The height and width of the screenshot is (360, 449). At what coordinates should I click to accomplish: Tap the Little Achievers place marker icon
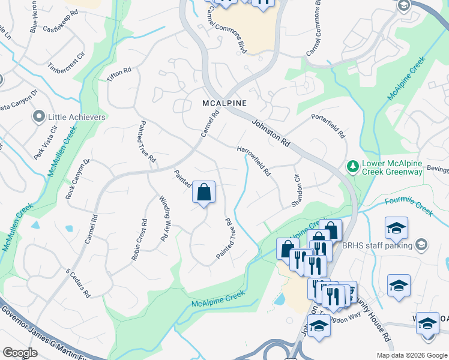point(40,116)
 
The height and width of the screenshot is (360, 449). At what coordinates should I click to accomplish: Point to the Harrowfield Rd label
point(254,161)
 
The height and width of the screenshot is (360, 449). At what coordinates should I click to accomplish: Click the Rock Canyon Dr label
point(77,179)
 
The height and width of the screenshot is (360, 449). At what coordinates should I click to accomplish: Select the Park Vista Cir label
point(46,142)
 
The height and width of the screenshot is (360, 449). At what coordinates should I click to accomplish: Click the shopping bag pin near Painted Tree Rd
point(204,193)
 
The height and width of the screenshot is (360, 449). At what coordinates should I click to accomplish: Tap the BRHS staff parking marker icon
point(422,244)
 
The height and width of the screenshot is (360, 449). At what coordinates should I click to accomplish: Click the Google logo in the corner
point(20,353)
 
